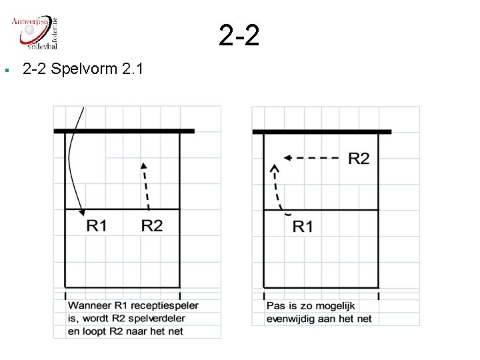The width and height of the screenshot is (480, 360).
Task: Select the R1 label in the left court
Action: click(x=97, y=226)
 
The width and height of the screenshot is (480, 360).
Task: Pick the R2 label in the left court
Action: click(x=151, y=226)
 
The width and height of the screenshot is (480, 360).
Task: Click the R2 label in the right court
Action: click(x=359, y=158)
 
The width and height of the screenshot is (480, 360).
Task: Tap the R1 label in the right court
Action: click(x=303, y=227)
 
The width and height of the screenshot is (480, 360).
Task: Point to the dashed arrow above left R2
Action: click(x=145, y=186)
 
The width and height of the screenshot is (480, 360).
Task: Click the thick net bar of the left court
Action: click(x=124, y=131)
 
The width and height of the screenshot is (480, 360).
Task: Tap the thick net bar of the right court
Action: click(x=322, y=131)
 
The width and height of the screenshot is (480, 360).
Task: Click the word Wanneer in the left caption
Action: click(x=89, y=305)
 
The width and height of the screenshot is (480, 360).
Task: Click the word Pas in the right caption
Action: click(x=275, y=306)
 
